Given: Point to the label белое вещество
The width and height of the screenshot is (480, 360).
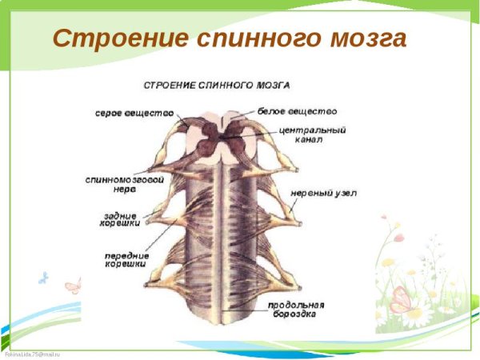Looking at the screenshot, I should click(x=298, y=111).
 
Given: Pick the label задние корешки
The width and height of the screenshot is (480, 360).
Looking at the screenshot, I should click(x=121, y=220).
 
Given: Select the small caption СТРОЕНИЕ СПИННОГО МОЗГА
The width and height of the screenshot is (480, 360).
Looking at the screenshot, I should click(x=216, y=84).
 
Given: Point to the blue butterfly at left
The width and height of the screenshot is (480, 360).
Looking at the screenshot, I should click(x=43, y=278).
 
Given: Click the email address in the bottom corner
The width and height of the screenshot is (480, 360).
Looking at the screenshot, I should click(x=32, y=354).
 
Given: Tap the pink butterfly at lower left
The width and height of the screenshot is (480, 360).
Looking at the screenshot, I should click(x=73, y=286).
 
